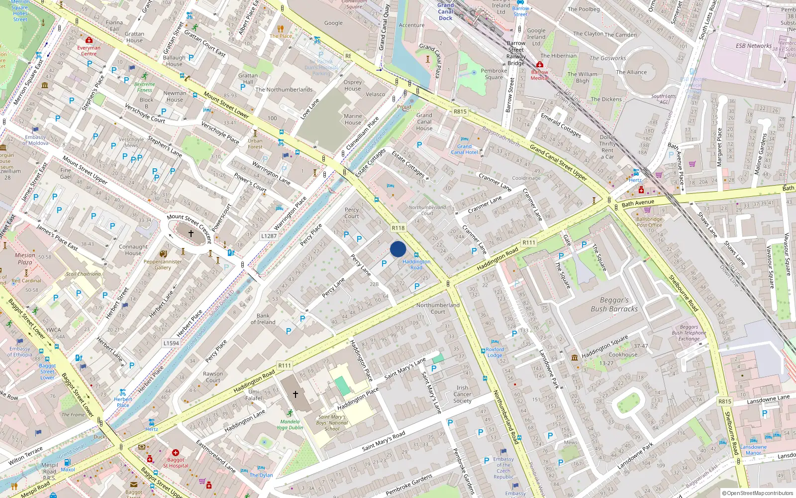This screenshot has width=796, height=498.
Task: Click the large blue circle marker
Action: (398, 249)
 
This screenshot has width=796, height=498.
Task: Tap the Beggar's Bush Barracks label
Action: (614, 305)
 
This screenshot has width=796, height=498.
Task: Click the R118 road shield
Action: (398, 228)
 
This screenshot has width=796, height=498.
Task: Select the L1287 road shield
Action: (269, 236)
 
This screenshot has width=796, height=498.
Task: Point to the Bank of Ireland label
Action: (263, 319)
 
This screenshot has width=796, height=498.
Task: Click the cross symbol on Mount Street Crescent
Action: (191, 233)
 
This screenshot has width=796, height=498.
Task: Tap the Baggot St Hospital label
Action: (176, 463)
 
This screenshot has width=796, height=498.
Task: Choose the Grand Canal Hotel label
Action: (464, 149)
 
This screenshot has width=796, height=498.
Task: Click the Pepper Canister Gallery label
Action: (163, 264)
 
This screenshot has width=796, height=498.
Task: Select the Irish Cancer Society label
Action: (462, 394)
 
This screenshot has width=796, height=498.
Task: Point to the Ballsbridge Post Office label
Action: (649, 222)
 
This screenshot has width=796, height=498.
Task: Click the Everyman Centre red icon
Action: (89, 40)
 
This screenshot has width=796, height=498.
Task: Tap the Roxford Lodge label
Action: (495, 352)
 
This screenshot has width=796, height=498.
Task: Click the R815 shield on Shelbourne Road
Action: (724, 401)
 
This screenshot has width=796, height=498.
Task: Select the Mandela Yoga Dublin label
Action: (290, 424)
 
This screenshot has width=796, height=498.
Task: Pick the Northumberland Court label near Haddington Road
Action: (438, 308)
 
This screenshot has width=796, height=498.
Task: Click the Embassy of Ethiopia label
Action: (20, 352)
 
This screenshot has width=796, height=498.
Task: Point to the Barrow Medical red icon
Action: (540, 65)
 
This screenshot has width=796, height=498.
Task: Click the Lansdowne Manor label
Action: (753, 450)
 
